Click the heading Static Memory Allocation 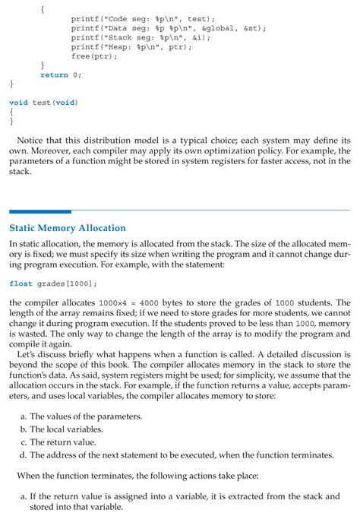(x=67, y=227)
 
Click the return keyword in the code (x=53, y=74)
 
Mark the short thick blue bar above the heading (x=39, y=211)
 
